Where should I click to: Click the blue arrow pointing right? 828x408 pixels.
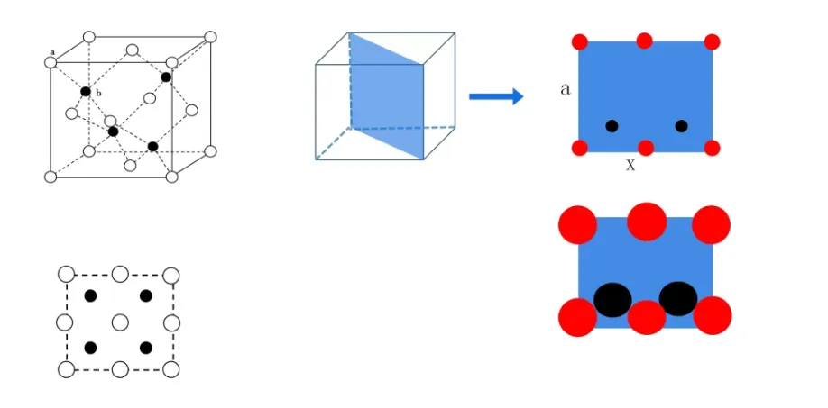496,96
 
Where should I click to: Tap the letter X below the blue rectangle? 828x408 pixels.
630,166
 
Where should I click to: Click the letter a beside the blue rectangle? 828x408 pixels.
565,90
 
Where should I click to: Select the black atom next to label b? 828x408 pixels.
86,92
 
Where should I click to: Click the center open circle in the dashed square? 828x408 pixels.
119,322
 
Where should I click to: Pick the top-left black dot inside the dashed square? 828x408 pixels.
90,296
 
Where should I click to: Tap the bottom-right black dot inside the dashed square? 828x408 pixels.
146,348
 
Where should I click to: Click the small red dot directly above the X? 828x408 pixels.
646,148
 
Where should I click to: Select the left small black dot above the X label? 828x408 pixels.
612,126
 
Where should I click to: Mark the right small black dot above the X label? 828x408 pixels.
681,126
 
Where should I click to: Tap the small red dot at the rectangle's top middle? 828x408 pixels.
644,41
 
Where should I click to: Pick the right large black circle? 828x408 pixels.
677,298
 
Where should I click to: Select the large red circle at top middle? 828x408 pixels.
646,221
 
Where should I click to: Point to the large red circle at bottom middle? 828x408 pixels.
647,317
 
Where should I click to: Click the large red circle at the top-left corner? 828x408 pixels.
578,224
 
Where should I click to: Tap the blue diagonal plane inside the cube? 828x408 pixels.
386,95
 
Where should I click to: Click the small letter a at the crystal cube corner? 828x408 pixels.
53,54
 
